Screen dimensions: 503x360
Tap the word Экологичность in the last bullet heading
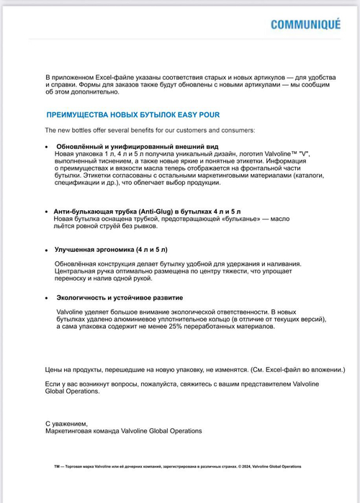click(84, 297)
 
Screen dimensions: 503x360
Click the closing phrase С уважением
click(66, 424)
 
